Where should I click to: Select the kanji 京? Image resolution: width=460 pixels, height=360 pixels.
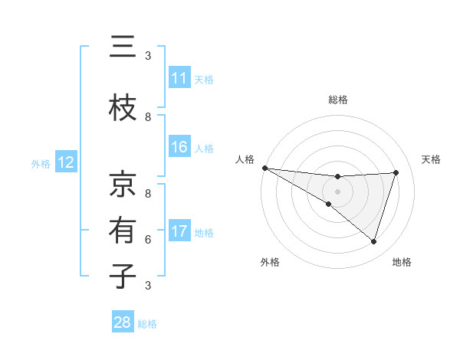click(x=123, y=184)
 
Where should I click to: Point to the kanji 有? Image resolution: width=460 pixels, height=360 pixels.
click(x=123, y=230)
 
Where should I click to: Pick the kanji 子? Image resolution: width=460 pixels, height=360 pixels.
click(x=123, y=276)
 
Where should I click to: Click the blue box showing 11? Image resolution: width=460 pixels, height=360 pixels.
click(x=179, y=78)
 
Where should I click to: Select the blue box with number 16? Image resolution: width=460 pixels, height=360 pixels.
click(x=179, y=147)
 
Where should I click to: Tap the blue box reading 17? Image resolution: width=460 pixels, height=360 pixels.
click(x=179, y=231)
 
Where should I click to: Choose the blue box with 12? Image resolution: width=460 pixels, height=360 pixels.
click(x=65, y=162)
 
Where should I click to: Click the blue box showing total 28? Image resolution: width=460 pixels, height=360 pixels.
click(x=123, y=322)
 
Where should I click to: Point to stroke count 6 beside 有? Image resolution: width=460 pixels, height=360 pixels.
click(x=148, y=239)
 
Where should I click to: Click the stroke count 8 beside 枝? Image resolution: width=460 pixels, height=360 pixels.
click(x=148, y=117)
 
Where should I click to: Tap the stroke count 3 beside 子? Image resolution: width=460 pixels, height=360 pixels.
click(x=148, y=286)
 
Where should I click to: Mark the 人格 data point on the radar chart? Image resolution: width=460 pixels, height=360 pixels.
click(x=264, y=168)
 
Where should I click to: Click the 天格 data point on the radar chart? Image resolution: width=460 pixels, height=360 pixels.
click(x=396, y=172)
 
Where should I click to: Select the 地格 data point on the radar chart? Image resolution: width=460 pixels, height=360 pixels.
click(x=373, y=242)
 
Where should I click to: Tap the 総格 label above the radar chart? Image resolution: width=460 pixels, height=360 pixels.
click(x=337, y=100)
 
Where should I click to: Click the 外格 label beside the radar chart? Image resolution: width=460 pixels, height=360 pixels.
click(x=270, y=262)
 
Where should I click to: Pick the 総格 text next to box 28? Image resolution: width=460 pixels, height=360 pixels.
click(x=147, y=324)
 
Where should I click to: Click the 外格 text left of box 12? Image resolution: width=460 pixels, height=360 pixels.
click(x=41, y=163)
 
